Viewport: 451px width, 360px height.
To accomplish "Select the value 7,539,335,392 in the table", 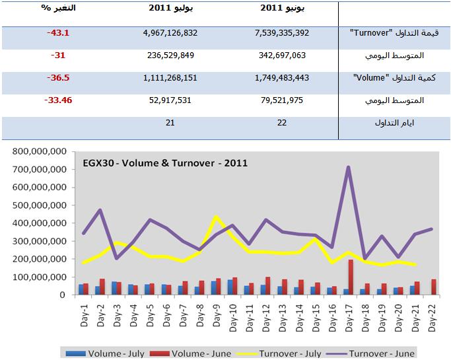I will coord(291,32).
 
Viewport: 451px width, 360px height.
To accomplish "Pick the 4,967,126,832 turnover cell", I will coord(170,32).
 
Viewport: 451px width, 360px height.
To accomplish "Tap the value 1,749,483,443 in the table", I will coord(291,77).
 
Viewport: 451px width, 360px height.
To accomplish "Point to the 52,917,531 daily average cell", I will coord(170,100).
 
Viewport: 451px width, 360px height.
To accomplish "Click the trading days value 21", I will coord(170,123).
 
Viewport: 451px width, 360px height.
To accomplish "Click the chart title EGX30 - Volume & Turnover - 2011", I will coord(165,162).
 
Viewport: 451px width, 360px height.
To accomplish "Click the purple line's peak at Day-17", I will coord(347,167).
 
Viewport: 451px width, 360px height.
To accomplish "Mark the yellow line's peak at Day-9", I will coord(215,217).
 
